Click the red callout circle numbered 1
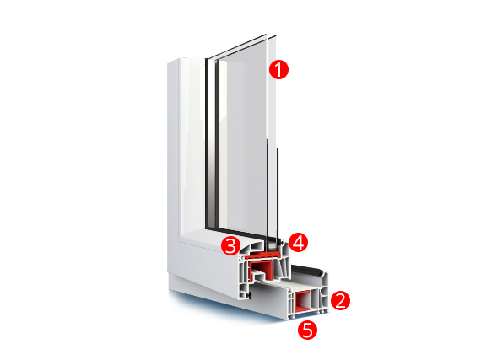[x=278, y=69]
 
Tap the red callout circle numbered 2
[x=340, y=300]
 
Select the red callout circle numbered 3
[x=231, y=245]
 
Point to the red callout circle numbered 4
[x=299, y=242]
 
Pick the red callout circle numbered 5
[x=308, y=330]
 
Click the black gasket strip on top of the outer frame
[x=307, y=271]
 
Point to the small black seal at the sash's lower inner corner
[x=249, y=295]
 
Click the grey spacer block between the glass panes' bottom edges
[x=273, y=245]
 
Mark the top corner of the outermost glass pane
[x=278, y=35]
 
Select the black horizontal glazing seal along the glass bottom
[x=237, y=232]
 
